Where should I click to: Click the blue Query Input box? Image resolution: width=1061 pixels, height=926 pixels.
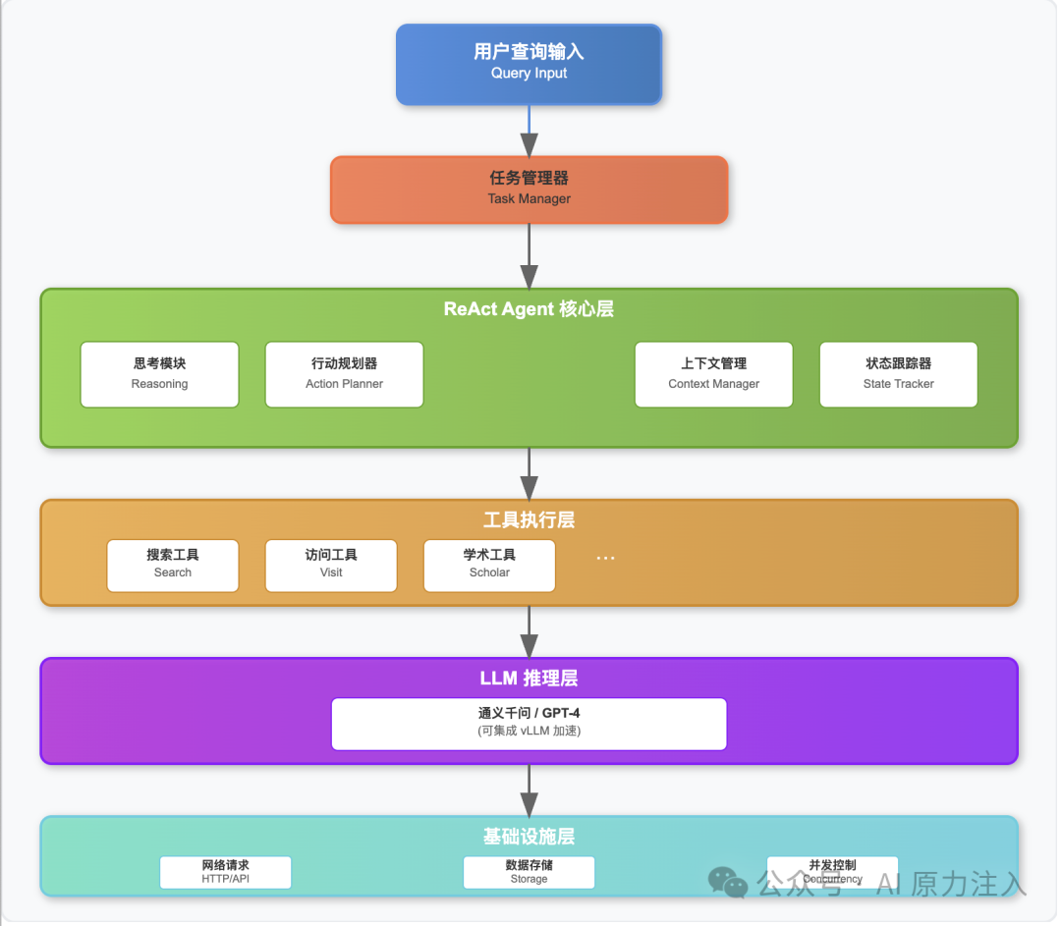point(529,64)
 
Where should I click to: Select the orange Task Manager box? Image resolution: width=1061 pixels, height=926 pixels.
point(529,190)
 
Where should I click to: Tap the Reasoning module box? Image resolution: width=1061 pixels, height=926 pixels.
point(160,374)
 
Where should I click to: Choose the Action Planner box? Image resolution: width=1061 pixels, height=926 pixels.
point(345,374)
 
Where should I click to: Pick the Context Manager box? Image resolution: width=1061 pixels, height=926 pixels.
point(714,374)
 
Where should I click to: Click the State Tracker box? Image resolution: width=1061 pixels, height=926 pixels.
point(899,374)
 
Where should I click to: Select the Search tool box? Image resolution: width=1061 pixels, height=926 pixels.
point(173,566)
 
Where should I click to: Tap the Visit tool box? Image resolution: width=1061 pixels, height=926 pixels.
point(331,566)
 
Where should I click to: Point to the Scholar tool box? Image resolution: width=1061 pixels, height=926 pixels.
point(489,566)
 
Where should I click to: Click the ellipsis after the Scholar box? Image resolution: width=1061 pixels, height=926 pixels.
point(605,558)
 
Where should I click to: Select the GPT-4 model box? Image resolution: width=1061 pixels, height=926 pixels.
point(530,724)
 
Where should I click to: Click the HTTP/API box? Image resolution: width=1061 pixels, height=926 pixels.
point(225,872)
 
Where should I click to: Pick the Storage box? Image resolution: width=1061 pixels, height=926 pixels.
point(530,872)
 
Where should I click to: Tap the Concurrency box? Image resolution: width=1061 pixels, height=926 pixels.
point(832,872)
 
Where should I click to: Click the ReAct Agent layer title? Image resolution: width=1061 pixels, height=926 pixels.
point(529,309)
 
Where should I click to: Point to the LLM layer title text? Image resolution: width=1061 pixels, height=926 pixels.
point(529,679)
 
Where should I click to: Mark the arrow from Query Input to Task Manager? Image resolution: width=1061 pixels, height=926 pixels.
point(530,131)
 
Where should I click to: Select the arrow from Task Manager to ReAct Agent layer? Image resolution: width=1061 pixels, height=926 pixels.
point(530,256)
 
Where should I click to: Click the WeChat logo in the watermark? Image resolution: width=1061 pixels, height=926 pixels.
point(727,882)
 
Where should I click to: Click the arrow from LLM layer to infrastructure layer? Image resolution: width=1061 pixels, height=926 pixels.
point(530,790)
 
